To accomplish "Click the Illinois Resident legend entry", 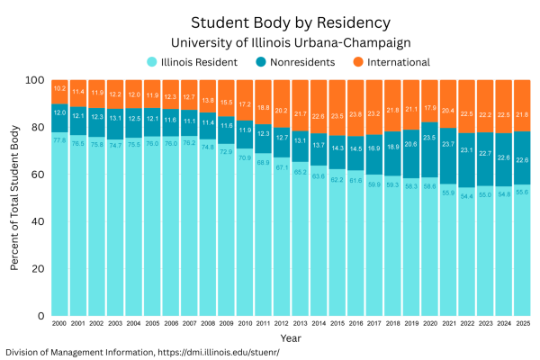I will (x=199, y=62).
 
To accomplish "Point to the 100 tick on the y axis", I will (x=34, y=80).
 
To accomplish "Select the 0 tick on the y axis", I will (x=40, y=316).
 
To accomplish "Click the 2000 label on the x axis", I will (x=59, y=324).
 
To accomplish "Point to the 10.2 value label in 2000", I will (x=59, y=89).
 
